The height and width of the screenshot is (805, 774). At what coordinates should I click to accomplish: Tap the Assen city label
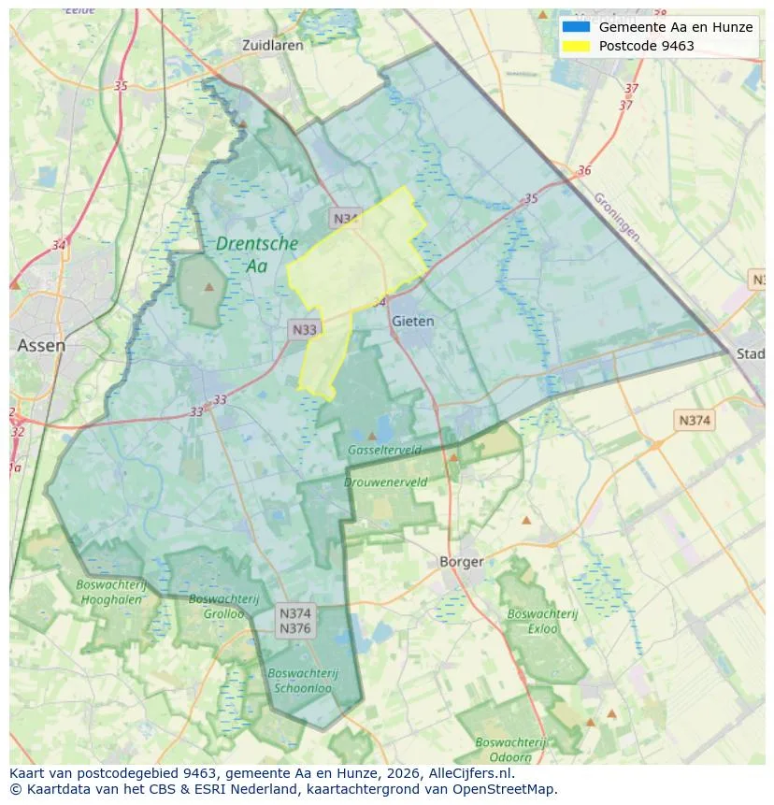[41, 345]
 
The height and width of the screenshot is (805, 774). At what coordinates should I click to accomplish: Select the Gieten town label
[413, 321]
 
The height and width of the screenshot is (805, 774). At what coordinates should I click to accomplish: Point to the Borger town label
[462, 562]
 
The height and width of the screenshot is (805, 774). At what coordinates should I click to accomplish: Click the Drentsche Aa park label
[257, 254]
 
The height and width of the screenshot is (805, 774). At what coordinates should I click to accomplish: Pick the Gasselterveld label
[384, 451]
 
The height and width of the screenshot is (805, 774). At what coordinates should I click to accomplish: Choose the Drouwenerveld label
[385, 482]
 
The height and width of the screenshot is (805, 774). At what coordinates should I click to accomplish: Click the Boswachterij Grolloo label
[216, 606]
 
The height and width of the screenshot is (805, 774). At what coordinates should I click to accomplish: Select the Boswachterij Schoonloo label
[303, 681]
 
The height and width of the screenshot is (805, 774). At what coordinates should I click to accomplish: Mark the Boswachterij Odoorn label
[509, 750]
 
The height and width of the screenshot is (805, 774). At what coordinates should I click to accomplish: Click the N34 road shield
[345, 219]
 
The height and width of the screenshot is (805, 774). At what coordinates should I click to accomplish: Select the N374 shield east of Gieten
[694, 420]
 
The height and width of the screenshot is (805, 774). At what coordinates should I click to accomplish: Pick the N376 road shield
[295, 628]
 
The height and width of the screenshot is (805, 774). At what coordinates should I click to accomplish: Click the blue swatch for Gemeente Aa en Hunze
[576, 27]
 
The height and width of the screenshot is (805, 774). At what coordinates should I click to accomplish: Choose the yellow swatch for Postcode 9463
[576, 46]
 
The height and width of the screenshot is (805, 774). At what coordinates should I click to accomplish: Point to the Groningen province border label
[616, 218]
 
